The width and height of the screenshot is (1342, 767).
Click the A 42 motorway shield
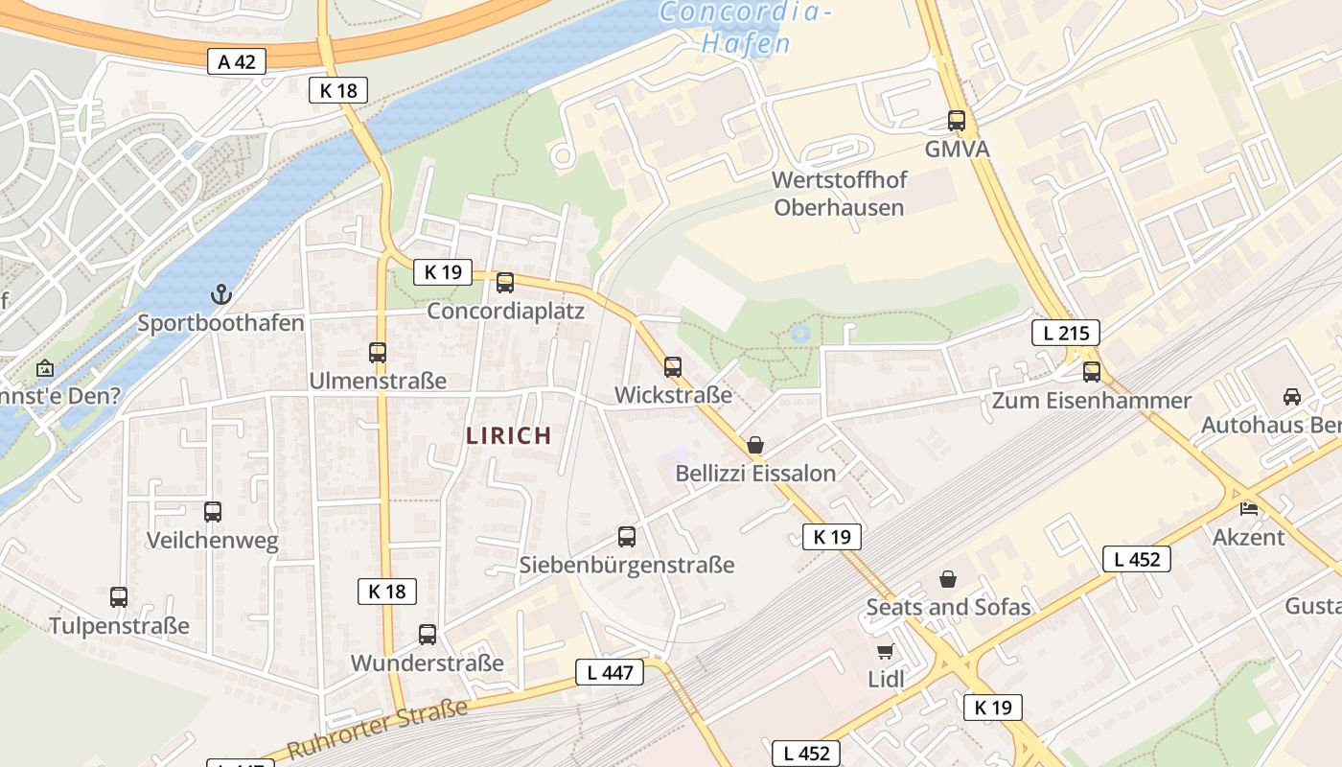pos(237,62)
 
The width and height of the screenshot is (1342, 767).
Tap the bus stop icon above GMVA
pos(956,121)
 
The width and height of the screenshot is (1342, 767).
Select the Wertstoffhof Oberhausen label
pos(839,194)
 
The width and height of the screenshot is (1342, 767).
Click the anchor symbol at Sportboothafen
pos(221,293)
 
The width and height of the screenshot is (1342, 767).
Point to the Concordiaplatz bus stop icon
pos(505,283)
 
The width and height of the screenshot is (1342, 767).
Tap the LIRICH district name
pos(508,435)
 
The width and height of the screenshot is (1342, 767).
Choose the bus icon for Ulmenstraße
pos(378,353)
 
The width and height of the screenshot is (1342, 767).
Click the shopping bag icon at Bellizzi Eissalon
pos(755,445)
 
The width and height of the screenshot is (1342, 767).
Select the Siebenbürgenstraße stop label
pos(627,565)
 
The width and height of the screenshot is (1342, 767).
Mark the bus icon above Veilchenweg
pos(213,512)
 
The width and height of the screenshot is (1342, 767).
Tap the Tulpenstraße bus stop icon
pos(119,597)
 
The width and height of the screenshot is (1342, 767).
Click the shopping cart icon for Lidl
pos(885,652)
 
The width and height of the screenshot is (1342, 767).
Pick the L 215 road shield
pos(1065,334)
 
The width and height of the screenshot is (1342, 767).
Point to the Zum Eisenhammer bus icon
pos(1091,372)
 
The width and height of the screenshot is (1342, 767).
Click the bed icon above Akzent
pos(1248,508)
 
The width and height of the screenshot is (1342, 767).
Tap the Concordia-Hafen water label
pos(745,27)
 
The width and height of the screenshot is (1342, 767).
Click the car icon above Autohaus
pos(1291,396)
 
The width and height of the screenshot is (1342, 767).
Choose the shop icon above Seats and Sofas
pos(948,579)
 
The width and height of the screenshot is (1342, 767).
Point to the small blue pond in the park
pos(799,334)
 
